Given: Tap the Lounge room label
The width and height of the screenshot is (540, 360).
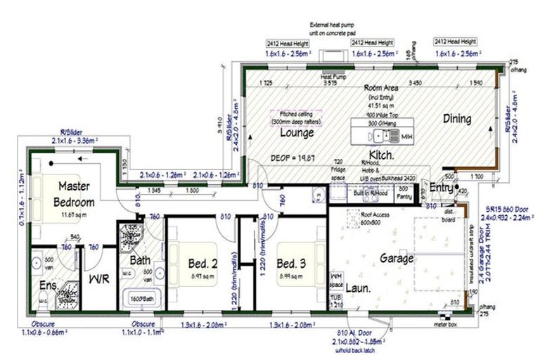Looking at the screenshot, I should (x=297, y=131).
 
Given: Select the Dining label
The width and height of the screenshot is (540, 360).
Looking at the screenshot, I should (x=457, y=119).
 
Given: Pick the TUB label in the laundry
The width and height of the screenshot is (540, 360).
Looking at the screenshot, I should (x=337, y=298).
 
